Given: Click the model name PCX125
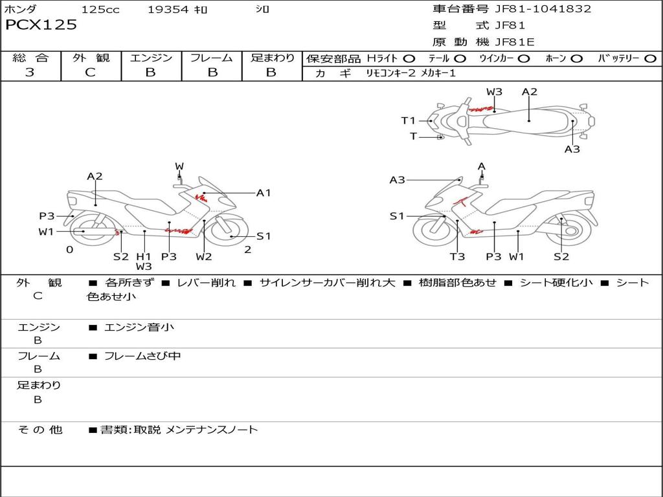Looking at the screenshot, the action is (41, 25).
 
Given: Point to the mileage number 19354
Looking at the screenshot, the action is (168, 9).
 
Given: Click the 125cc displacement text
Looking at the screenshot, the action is (100, 9).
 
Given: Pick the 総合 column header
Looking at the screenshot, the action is (30, 58).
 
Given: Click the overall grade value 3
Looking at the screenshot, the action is (30, 72).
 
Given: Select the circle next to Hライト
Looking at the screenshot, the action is (409, 58).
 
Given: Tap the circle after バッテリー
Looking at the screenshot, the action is (650, 58).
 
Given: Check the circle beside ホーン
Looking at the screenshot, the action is (576, 58).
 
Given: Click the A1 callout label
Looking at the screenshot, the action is (264, 192).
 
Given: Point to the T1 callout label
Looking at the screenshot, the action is (408, 120).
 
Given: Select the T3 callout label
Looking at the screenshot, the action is (457, 257).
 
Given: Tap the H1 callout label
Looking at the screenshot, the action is (144, 256).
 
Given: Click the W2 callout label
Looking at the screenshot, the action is (204, 257).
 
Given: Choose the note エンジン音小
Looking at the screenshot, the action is (139, 327).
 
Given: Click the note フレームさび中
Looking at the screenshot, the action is (142, 356).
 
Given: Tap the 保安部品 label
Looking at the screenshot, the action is (333, 58).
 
